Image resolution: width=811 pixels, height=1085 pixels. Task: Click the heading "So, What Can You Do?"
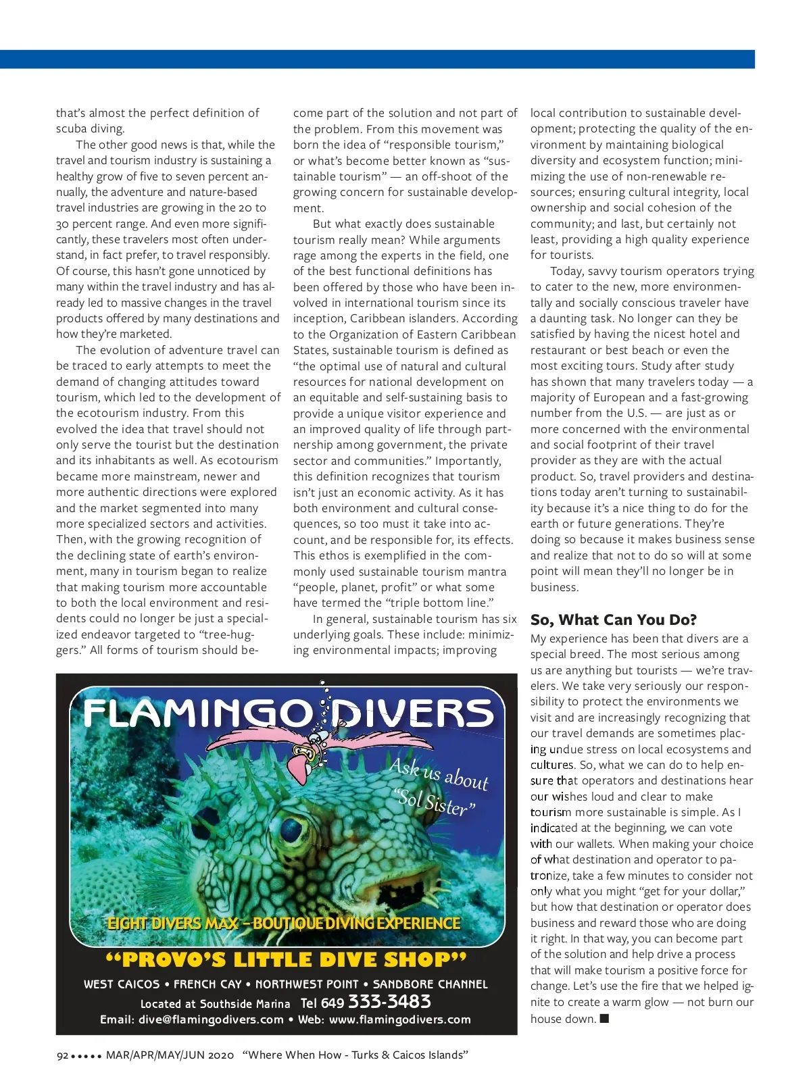[x=613, y=620]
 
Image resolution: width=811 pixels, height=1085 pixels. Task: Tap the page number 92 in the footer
[x=62, y=1055]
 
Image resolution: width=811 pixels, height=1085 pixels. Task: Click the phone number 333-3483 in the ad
[x=389, y=1001]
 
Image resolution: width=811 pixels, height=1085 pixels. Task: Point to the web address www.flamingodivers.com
[x=399, y=1019]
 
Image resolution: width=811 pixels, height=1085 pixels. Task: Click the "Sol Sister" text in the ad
[x=436, y=802]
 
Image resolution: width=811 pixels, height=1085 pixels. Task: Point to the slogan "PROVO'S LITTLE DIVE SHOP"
[x=286, y=960]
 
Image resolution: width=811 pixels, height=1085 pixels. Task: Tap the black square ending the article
[x=604, y=1018]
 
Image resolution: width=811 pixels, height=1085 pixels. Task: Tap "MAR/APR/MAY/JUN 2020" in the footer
[x=170, y=1055]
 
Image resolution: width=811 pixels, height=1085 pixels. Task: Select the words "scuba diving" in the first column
[x=90, y=128]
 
